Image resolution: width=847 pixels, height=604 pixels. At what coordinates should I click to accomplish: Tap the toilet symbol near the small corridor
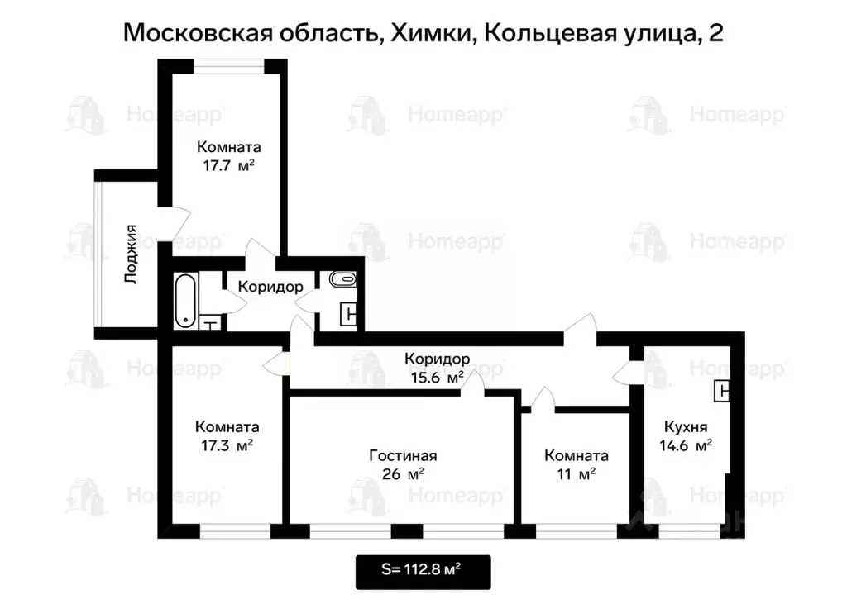tap(341, 279)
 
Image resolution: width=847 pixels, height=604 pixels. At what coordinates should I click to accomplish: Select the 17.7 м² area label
tap(228, 165)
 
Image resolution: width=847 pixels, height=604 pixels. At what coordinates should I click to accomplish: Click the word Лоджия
tap(130, 254)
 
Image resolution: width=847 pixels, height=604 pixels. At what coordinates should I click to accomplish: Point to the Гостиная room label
tap(403, 455)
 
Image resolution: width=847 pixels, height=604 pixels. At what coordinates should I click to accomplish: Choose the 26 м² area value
tap(403, 474)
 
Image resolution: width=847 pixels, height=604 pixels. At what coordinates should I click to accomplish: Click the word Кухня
tap(686, 427)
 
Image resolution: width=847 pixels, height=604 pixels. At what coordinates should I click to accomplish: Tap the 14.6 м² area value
tap(686, 446)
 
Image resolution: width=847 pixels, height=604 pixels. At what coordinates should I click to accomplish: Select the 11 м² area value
tap(577, 474)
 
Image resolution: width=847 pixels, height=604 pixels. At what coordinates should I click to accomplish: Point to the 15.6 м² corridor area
tap(437, 378)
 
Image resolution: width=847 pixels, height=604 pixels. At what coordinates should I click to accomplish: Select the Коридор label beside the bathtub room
tap(270, 287)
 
